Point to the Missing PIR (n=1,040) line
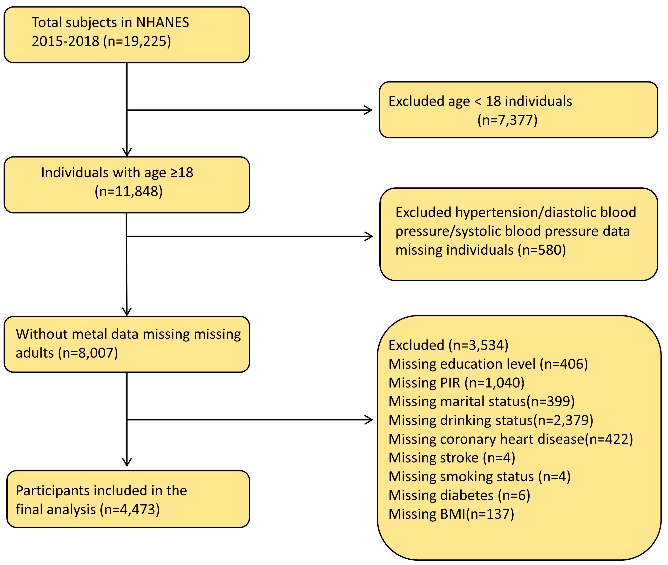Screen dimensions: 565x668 456,383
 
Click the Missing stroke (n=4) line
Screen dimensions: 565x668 452,458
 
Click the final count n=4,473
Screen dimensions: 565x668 130,510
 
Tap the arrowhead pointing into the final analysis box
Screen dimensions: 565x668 127,463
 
